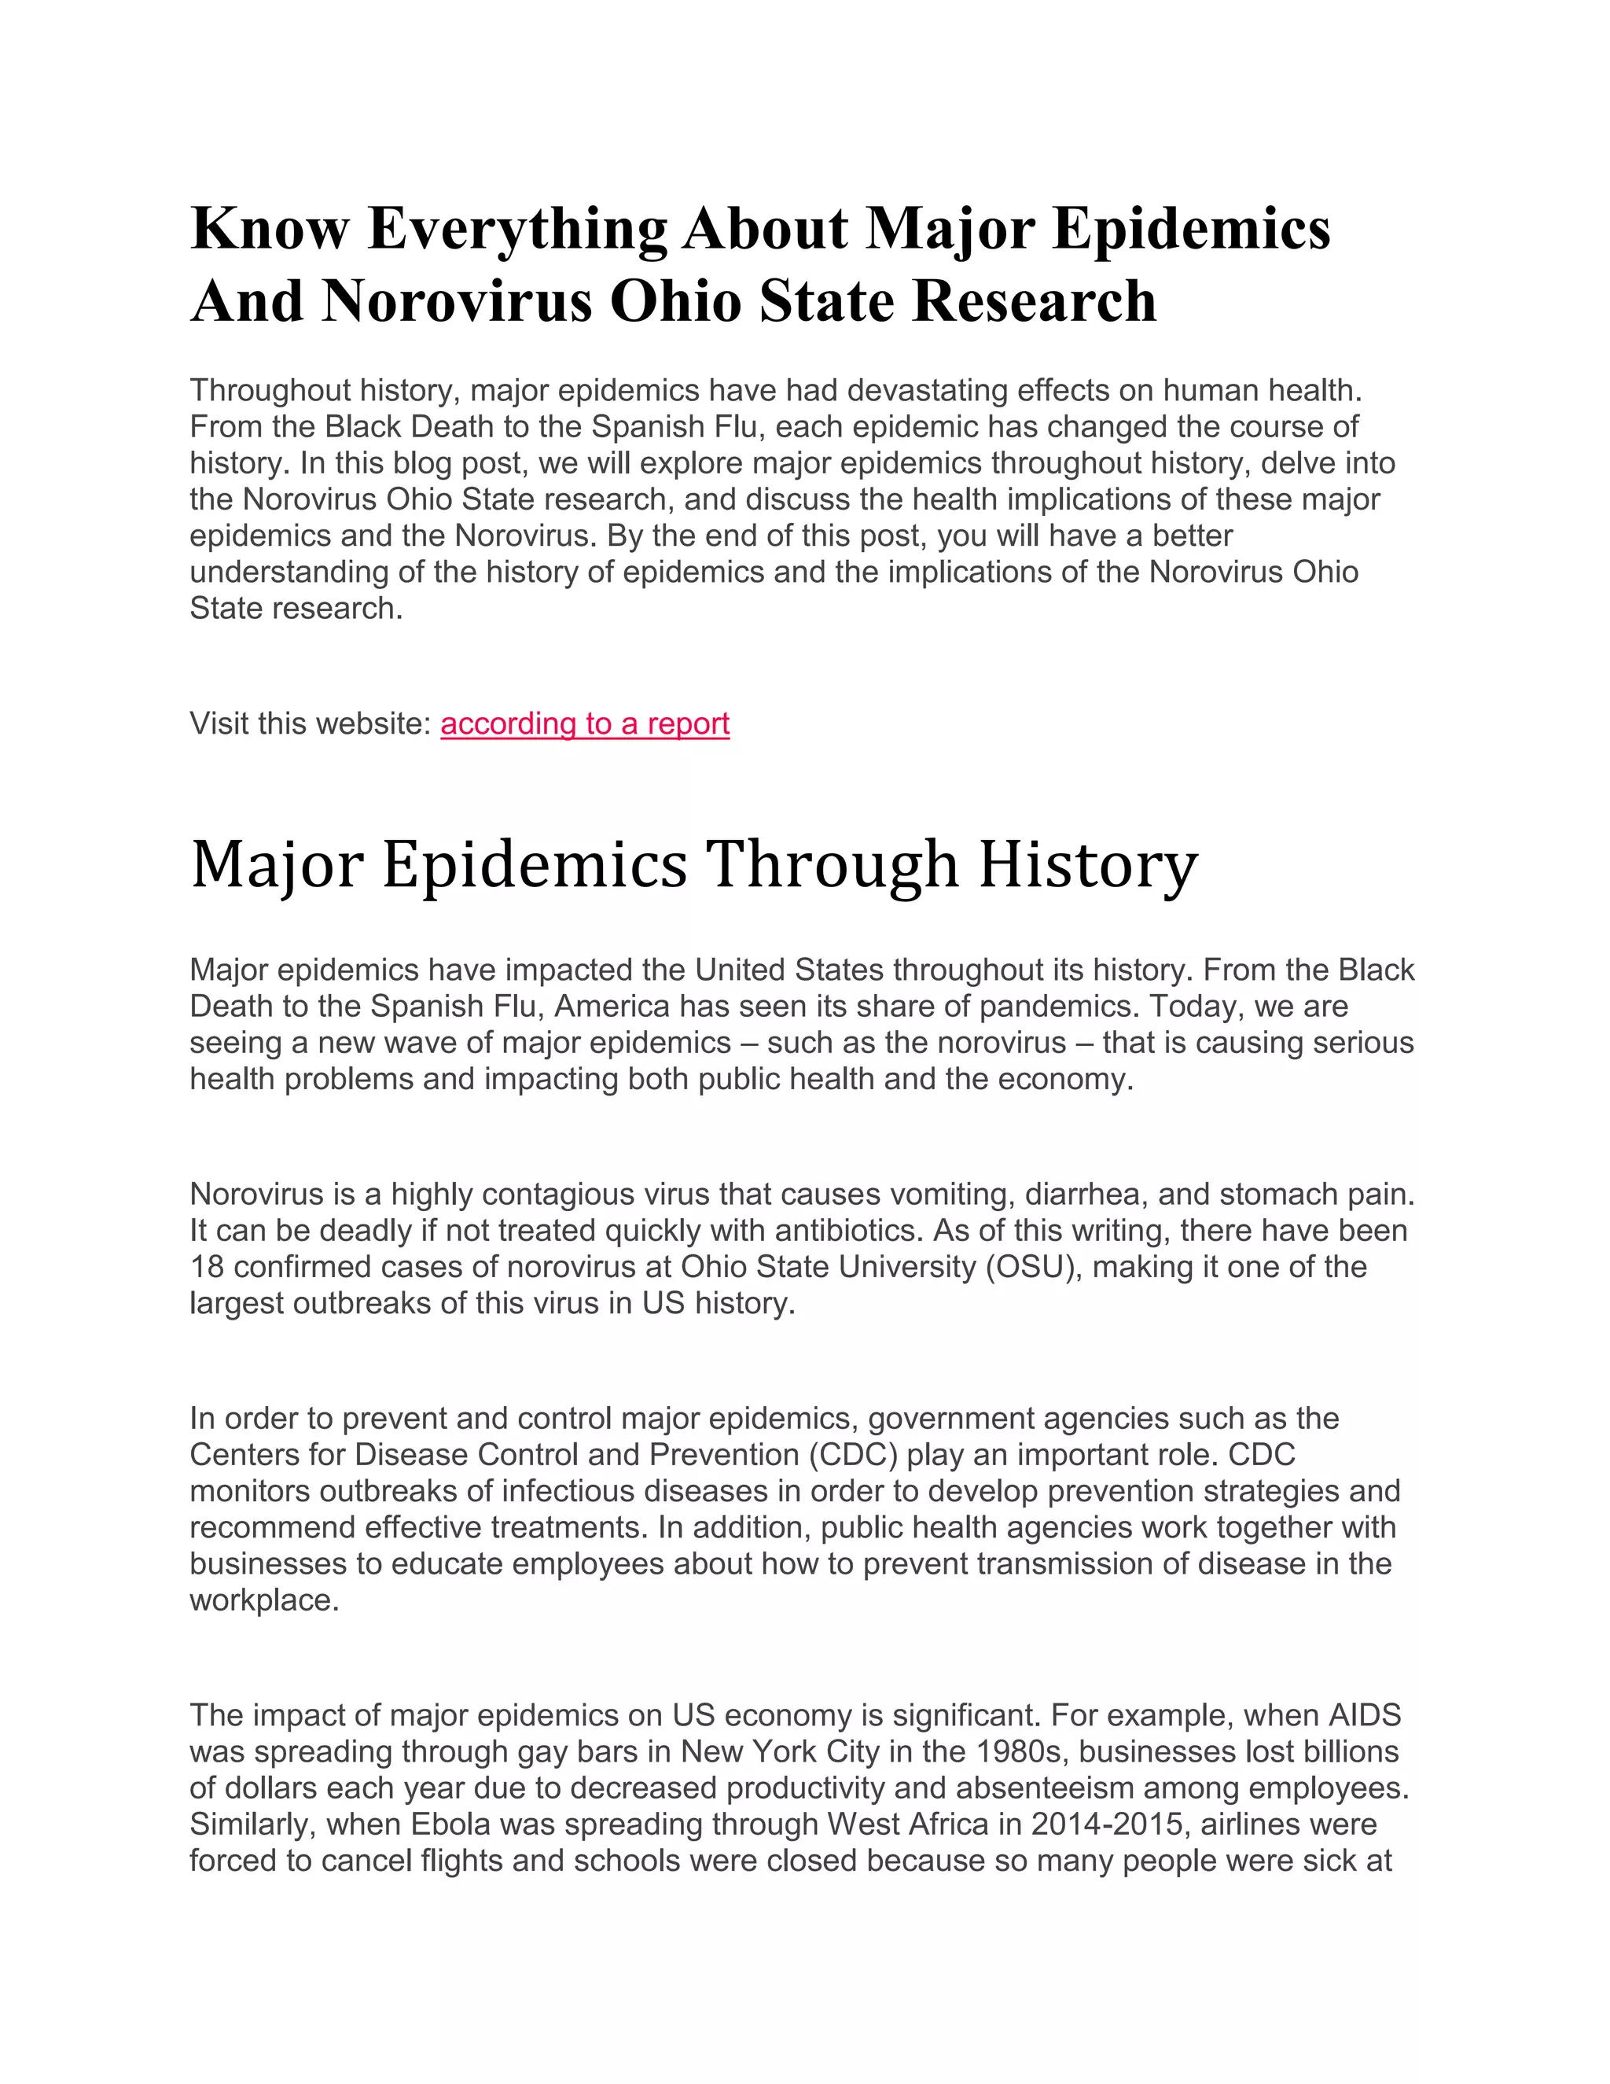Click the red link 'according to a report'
(x=585, y=724)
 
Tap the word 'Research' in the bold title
(x=1034, y=301)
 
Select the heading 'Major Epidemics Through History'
(x=693, y=864)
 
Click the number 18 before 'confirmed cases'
(x=207, y=1267)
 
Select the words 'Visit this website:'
(x=311, y=724)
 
